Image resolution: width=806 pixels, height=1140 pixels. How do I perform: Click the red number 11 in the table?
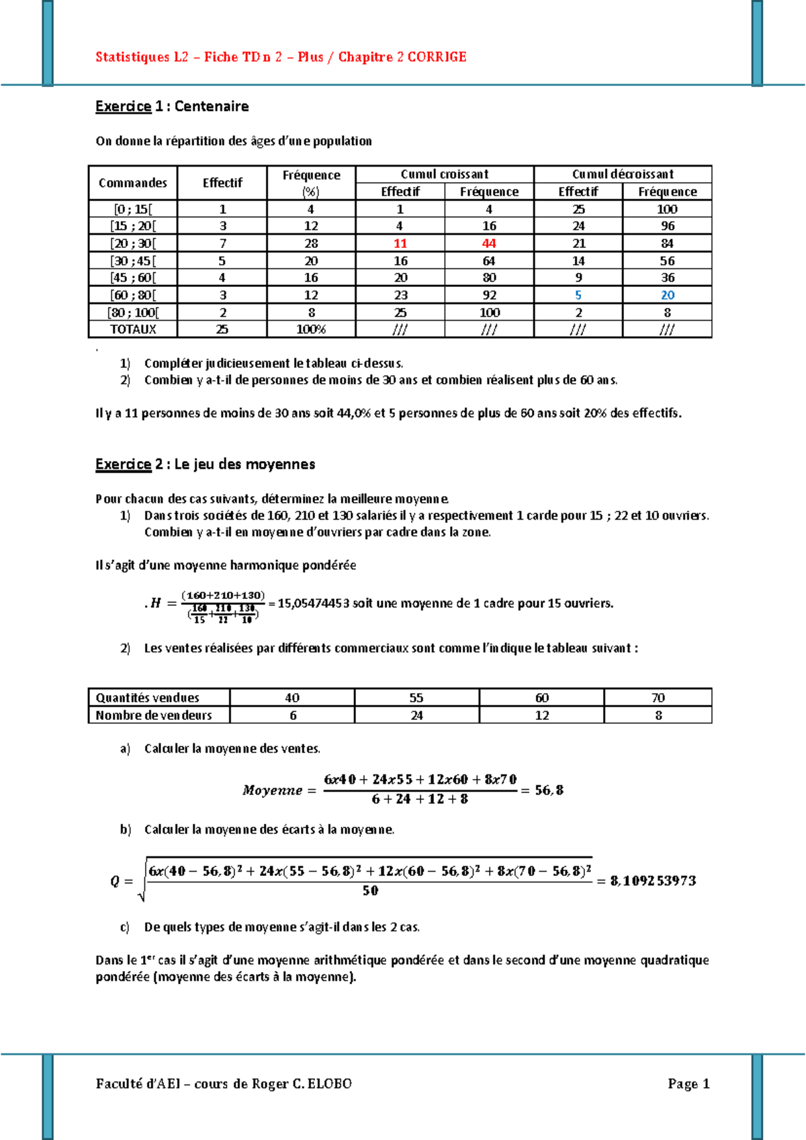[x=400, y=243]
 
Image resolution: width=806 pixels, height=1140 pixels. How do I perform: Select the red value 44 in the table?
[x=489, y=243]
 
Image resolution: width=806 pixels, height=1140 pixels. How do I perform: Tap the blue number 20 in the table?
[x=667, y=295]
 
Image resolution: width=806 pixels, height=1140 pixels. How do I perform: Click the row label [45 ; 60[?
[x=133, y=278]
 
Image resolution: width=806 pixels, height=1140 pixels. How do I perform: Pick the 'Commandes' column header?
[x=133, y=183]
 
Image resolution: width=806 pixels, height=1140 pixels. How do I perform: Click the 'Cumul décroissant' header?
[x=623, y=174]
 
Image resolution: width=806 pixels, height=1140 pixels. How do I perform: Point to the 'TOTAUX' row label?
[x=133, y=329]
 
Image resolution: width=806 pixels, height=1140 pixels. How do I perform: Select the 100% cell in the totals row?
[x=311, y=329]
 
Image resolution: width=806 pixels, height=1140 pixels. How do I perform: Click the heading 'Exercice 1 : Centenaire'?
[x=172, y=106]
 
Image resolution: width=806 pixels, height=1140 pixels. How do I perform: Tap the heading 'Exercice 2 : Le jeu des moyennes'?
[x=205, y=464]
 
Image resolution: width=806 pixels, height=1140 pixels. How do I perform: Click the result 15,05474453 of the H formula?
[x=313, y=604]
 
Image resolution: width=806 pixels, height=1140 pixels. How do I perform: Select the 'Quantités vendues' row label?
[x=148, y=698]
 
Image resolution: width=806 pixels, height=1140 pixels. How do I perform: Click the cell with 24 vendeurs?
[x=416, y=715]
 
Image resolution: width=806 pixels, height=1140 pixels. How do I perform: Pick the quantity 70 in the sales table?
[x=658, y=698]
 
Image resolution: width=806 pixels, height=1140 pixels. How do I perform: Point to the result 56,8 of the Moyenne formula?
[x=549, y=790]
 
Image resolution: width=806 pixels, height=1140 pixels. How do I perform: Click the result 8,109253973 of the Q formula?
[x=653, y=881]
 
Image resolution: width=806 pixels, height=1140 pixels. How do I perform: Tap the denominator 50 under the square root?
[x=370, y=891]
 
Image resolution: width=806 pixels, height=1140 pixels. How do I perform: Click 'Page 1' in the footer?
[x=688, y=1084]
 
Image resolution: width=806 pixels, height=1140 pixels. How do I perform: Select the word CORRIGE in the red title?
[x=437, y=57]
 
